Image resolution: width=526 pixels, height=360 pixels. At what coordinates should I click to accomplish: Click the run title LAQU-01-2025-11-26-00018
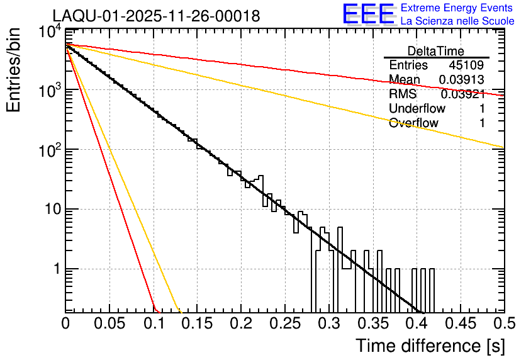click(x=156, y=16)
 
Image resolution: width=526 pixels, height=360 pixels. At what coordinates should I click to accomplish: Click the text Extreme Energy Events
click(x=457, y=8)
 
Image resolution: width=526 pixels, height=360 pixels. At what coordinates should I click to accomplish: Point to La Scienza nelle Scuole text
click(x=457, y=21)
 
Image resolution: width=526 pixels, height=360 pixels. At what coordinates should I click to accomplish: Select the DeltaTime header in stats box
click(x=436, y=51)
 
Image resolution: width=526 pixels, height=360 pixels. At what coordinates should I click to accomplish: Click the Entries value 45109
click(x=466, y=65)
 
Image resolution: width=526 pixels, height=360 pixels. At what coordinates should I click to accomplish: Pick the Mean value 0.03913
click(x=462, y=80)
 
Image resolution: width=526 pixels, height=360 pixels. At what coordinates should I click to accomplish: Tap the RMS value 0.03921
click(x=462, y=94)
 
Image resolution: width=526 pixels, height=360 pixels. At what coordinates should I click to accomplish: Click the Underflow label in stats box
click(x=417, y=108)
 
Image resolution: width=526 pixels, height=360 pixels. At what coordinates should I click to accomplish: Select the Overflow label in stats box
click(x=413, y=123)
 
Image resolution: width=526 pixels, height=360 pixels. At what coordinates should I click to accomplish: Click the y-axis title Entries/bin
click(x=14, y=70)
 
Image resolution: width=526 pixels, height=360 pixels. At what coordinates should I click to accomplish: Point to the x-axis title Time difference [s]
click(x=430, y=346)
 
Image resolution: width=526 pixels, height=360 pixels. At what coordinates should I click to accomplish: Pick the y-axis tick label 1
click(x=55, y=269)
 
